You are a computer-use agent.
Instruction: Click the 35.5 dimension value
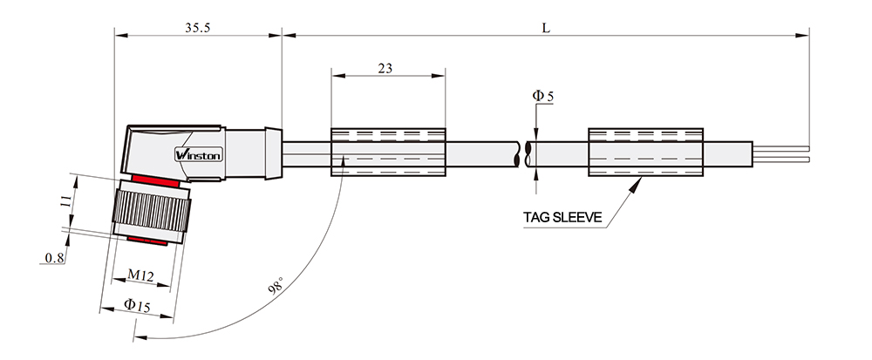(x=197, y=28)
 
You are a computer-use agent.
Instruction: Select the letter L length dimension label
(x=546, y=28)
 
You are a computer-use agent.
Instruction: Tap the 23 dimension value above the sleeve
(x=385, y=68)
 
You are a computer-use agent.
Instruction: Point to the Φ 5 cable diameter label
(x=542, y=96)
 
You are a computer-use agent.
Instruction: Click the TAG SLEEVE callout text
(x=562, y=217)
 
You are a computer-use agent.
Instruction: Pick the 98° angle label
(x=276, y=287)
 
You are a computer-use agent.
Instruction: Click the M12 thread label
(x=140, y=275)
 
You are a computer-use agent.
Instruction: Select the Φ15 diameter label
(x=137, y=306)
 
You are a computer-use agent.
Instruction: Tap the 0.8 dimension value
(x=54, y=257)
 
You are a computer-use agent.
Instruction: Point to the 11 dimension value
(x=65, y=201)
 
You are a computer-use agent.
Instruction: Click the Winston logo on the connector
(x=199, y=154)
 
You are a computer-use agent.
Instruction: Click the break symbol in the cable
(x=522, y=153)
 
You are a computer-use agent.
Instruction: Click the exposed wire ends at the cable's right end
(x=780, y=154)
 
